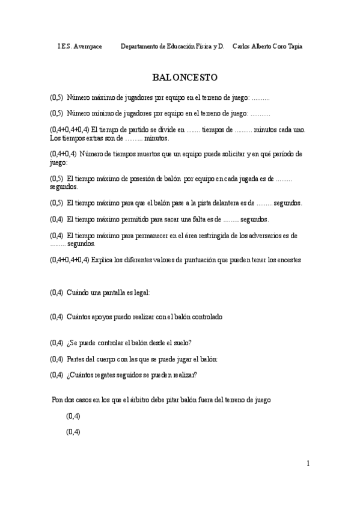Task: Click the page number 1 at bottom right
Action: (x=308, y=463)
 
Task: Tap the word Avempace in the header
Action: (x=88, y=46)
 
